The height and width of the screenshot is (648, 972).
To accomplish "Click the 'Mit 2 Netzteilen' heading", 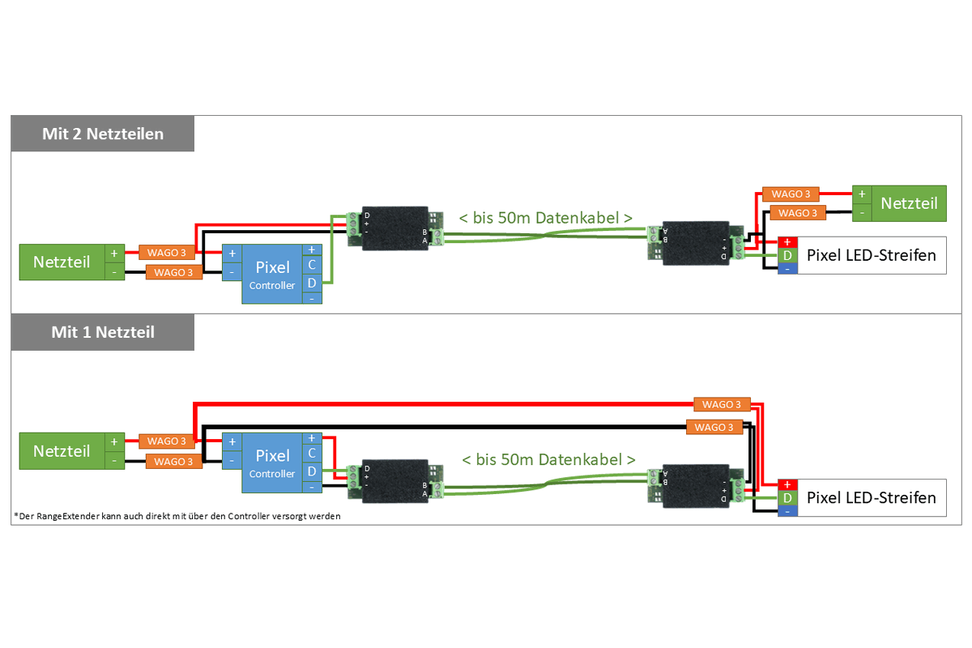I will pyautogui.click(x=102, y=134).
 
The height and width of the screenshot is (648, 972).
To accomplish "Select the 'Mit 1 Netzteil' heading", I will pyautogui.click(x=102, y=332).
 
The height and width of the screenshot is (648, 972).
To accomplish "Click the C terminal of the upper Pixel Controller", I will pyautogui.click(x=312, y=265).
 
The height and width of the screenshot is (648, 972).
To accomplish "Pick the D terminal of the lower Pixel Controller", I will pyautogui.click(x=312, y=471).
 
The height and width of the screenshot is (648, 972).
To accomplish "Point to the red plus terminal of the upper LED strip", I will pyautogui.click(x=787, y=241).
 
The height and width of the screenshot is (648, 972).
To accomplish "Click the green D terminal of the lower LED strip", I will pyautogui.click(x=787, y=497).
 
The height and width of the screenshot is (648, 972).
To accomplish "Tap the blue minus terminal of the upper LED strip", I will pyautogui.click(x=787, y=269).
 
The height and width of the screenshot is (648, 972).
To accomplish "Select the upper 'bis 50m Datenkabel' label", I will pyautogui.click(x=545, y=218).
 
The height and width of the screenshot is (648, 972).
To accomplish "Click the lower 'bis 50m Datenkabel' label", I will pyautogui.click(x=548, y=459).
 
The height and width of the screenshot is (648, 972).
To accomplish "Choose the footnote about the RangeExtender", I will pyautogui.click(x=177, y=516).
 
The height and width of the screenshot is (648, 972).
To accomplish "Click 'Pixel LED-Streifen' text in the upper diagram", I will pyautogui.click(x=872, y=255).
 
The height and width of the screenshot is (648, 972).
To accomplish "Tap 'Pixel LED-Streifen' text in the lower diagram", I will pyautogui.click(x=872, y=497).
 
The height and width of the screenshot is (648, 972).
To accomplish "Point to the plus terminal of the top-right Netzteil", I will pyautogui.click(x=862, y=194).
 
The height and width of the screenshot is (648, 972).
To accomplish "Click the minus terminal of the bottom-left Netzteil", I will pyautogui.click(x=114, y=460).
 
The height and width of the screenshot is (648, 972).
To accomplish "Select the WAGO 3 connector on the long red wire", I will pyautogui.click(x=722, y=404).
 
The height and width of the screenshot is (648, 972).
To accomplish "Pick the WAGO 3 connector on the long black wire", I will pyautogui.click(x=714, y=427).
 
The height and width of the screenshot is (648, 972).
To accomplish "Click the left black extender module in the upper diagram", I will pyautogui.click(x=395, y=228).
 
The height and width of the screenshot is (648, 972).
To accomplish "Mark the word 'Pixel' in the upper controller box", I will pyautogui.click(x=272, y=267).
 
